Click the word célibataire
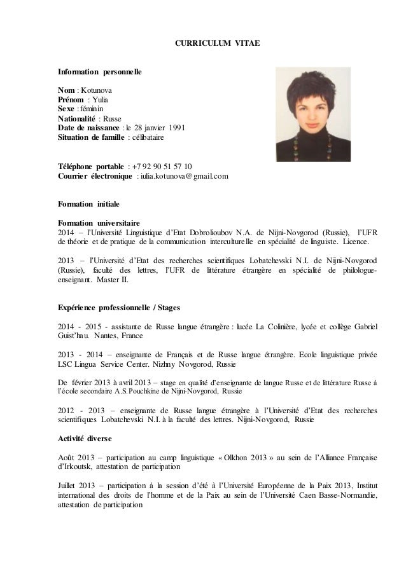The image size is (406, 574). pyautogui.click(x=148, y=137)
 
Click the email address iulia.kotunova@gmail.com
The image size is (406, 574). pyautogui.click(x=184, y=175)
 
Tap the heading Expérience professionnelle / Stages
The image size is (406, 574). pyautogui.click(x=119, y=308)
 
